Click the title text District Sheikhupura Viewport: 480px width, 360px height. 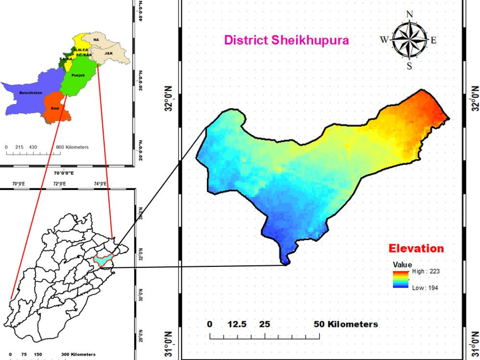[x=287, y=40]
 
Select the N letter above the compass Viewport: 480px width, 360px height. [x=409, y=14]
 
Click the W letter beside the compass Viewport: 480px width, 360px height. [x=384, y=40]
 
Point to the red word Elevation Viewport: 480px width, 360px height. [x=416, y=249]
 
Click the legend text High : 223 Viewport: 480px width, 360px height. [x=426, y=271]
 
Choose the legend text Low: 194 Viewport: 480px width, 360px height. [x=425, y=288]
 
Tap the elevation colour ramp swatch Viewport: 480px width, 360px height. [x=400, y=279]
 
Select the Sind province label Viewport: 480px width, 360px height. [x=55, y=108]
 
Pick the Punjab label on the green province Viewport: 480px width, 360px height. [x=78, y=75]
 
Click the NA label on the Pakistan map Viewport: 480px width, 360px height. [x=96, y=39]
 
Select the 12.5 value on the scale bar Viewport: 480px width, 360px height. [x=237, y=324]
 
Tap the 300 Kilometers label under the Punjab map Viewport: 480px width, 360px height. [x=78, y=354]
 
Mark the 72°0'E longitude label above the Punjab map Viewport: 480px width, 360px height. [x=60, y=183]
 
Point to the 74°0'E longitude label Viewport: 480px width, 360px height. [x=101, y=183]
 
